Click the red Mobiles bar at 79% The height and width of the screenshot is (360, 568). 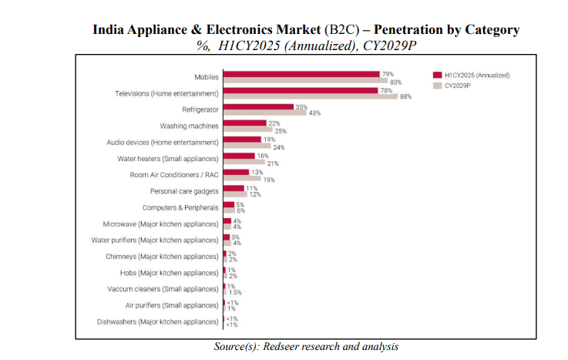[x=301, y=74]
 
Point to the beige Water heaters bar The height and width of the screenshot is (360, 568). [x=244, y=163]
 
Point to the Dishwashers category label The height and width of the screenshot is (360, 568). [x=158, y=321]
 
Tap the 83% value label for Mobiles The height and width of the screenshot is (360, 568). [x=396, y=81]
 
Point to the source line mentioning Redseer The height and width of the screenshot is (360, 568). [x=306, y=347]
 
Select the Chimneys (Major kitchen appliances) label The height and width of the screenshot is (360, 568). [x=163, y=256]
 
